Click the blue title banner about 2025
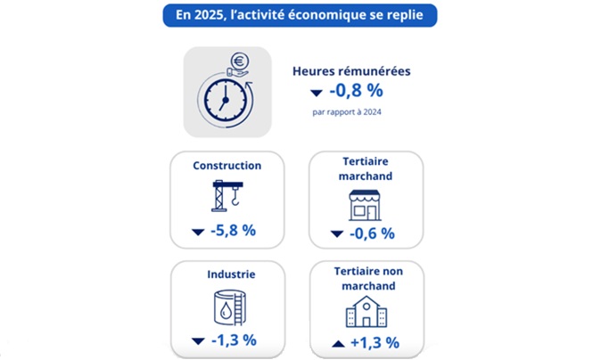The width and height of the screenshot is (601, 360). point(300,17)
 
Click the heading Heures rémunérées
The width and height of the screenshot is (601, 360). point(351,70)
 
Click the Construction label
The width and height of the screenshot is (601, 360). point(226,165)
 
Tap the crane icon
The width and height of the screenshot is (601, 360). point(227,196)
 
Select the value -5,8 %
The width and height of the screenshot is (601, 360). point(235,230)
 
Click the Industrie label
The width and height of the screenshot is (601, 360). point(226,274)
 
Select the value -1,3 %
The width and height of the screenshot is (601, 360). point(235,340)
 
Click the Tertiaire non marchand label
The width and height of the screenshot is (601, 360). point(366,279)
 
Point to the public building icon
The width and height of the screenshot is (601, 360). point(366,313)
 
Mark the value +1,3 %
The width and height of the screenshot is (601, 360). point(374,342)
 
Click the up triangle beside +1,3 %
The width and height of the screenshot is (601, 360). point(337,343)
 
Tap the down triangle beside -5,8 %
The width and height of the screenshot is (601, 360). point(198,232)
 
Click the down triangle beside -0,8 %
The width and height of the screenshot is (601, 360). point(316,93)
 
